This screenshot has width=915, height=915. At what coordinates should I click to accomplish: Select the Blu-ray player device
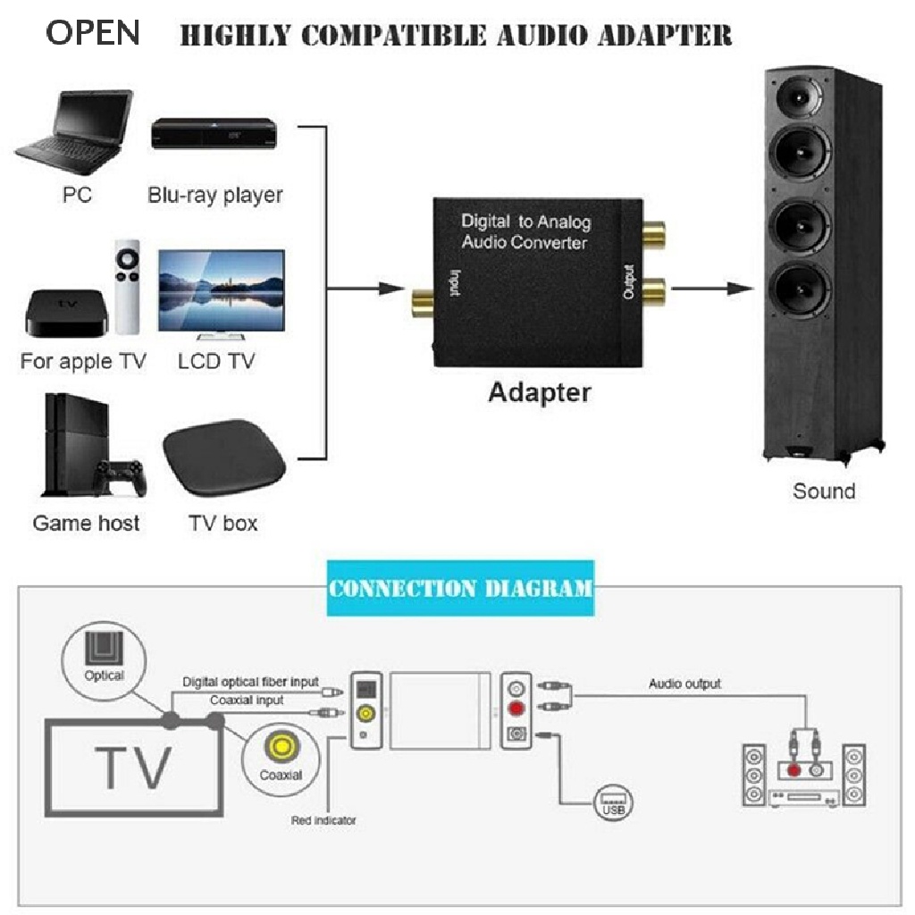point(214,136)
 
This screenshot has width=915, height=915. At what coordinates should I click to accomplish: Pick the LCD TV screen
point(221,291)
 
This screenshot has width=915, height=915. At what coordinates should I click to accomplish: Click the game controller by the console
point(122,477)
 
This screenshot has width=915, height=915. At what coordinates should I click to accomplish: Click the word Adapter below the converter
point(539,393)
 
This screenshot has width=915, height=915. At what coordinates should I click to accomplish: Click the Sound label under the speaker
point(823,491)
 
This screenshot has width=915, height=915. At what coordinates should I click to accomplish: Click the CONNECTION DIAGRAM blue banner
point(460,589)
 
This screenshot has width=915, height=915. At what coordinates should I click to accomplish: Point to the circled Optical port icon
point(104,659)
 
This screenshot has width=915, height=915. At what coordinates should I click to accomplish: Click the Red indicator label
point(323,819)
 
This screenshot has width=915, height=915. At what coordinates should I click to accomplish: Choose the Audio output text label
point(684,684)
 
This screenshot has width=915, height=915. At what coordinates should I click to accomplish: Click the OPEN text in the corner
point(93,32)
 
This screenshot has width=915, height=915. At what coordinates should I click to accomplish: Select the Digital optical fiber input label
point(250,683)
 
